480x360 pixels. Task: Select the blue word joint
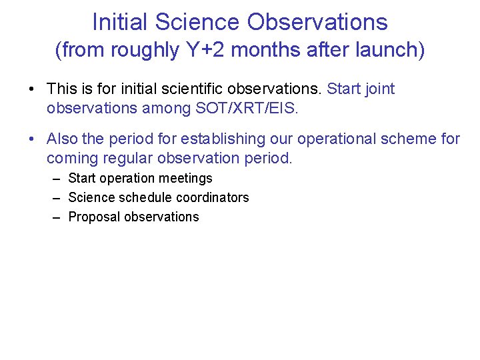click(379, 89)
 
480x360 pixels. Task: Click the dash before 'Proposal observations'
click(57, 217)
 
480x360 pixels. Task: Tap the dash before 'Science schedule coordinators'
click(57, 197)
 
